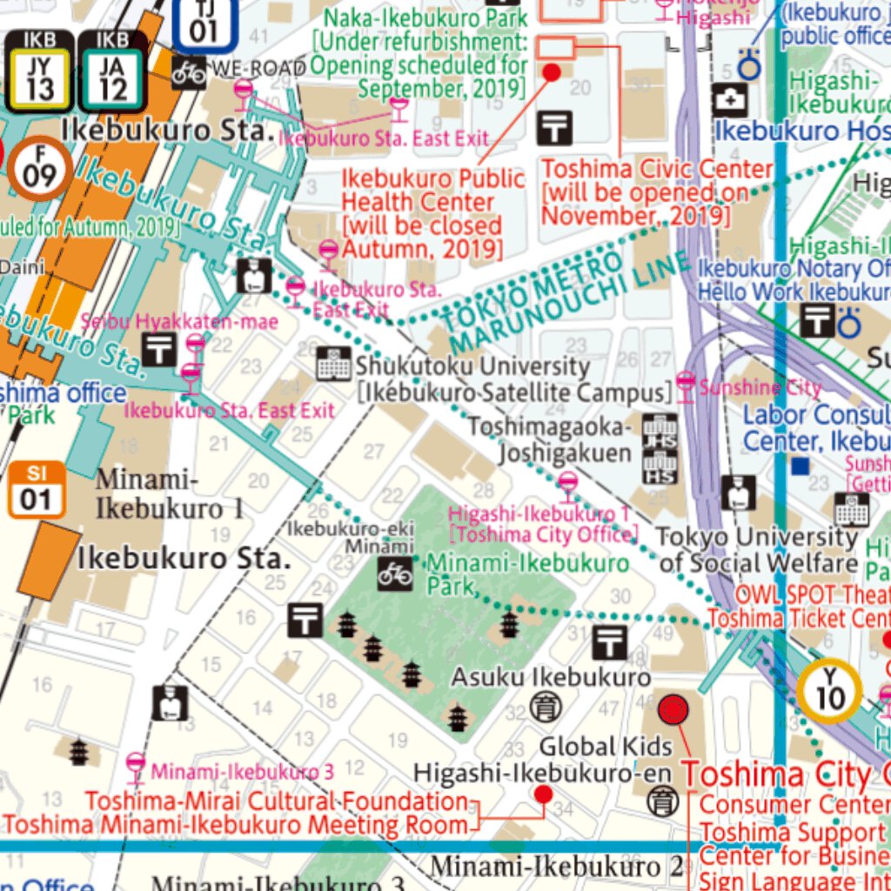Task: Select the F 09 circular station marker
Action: click(x=39, y=167)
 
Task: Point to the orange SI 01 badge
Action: click(x=37, y=489)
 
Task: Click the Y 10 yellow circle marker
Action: click(x=829, y=692)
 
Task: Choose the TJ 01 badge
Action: click(x=204, y=23)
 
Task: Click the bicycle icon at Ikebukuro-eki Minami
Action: click(x=394, y=573)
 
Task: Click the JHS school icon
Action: click(x=660, y=433)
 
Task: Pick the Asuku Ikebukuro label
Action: click(x=550, y=677)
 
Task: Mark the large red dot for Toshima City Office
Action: click(x=673, y=710)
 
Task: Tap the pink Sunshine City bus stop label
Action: click(x=760, y=386)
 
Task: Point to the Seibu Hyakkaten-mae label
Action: click(x=179, y=322)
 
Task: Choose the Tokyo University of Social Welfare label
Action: click(x=758, y=550)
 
